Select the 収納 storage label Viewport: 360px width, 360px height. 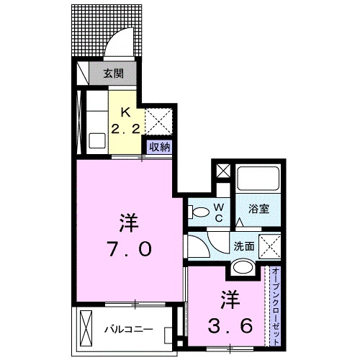159,146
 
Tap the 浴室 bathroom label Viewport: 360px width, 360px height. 259,210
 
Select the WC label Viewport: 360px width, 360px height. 221,212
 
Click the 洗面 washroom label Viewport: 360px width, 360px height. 243,245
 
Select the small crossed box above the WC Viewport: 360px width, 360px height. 222,173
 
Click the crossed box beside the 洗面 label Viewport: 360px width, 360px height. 269,246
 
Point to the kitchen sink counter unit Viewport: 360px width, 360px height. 94,122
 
